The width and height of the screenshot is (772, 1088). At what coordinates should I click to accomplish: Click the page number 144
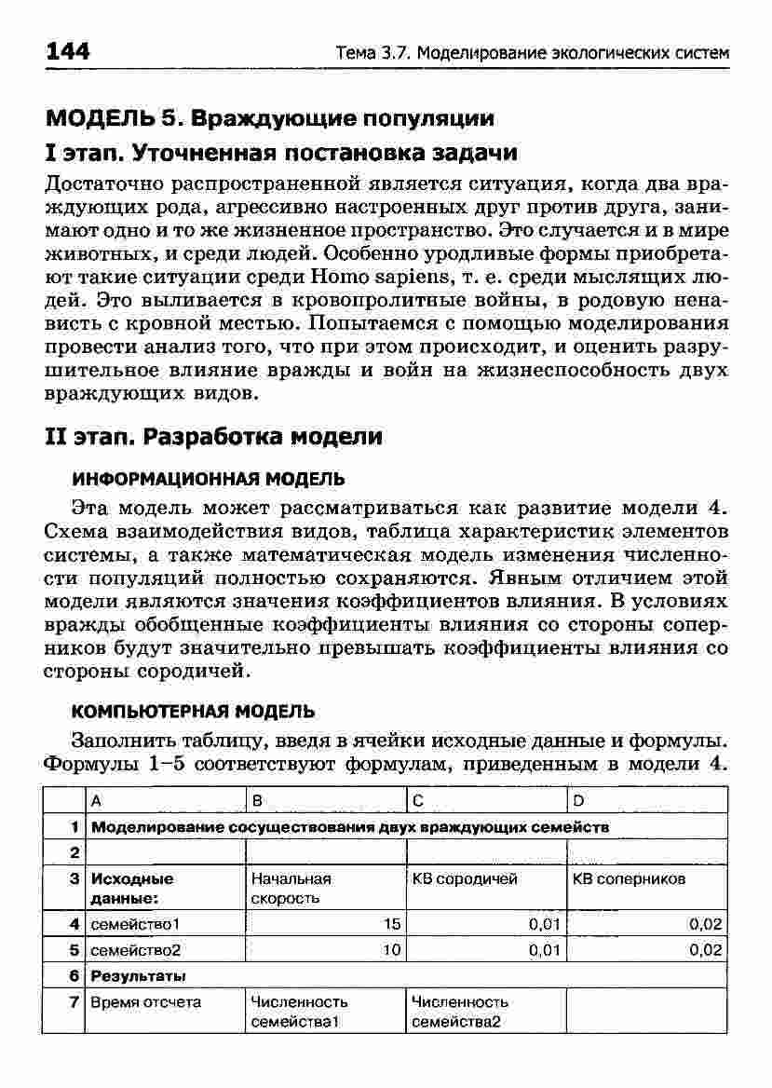[x=68, y=50]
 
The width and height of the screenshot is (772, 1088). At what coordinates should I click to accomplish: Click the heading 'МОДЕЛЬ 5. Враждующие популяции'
[x=269, y=118]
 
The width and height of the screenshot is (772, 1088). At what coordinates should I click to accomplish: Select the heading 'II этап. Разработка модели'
[x=213, y=436]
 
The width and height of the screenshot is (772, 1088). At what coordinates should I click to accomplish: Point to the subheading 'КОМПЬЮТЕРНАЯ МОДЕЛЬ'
[x=194, y=711]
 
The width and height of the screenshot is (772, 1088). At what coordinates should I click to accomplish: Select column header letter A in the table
[x=95, y=800]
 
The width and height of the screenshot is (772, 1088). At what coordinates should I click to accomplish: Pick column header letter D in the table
[x=577, y=800]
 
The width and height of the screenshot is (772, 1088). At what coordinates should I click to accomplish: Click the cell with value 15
[x=391, y=923]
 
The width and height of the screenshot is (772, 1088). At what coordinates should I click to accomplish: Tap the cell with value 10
[x=391, y=950]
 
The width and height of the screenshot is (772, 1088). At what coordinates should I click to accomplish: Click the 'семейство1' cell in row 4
[x=134, y=923]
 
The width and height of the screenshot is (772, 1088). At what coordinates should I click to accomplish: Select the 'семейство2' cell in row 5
[x=135, y=950]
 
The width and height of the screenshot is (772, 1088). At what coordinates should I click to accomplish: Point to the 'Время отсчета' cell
[x=145, y=1002]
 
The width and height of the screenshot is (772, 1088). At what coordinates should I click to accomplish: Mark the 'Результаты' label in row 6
[x=138, y=976]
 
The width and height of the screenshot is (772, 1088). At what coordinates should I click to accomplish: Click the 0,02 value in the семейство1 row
[x=705, y=923]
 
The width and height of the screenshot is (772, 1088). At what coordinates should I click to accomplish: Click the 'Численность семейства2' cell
[x=460, y=1012]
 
